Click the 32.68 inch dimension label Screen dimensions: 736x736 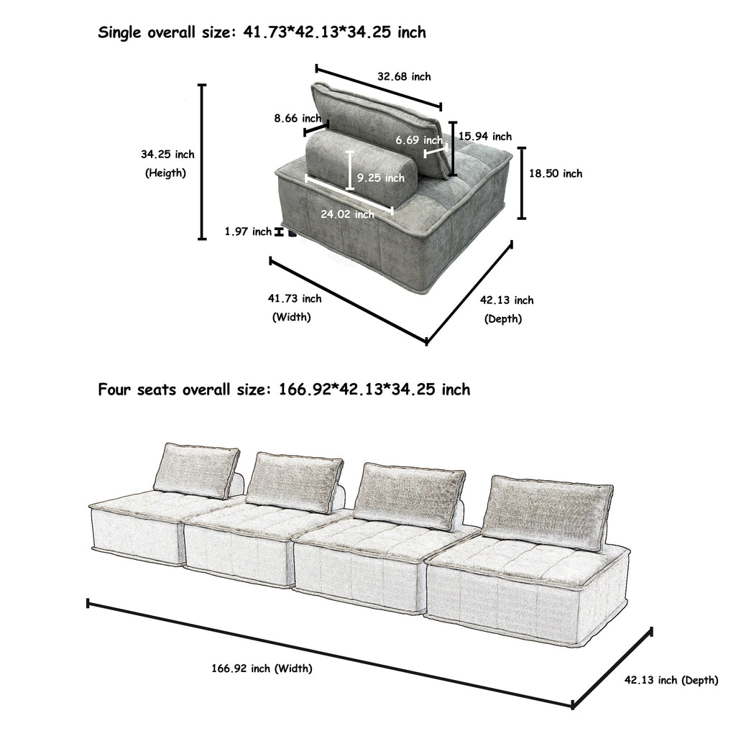pyautogui.click(x=404, y=77)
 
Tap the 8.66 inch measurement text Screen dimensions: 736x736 pyautogui.click(x=297, y=118)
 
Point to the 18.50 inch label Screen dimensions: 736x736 pyautogui.click(x=556, y=173)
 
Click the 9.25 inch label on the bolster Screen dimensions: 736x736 pyautogui.click(x=380, y=177)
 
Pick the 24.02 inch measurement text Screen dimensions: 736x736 pyautogui.click(x=346, y=214)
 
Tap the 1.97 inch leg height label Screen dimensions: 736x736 pyautogui.click(x=248, y=231)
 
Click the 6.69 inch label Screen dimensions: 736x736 pyautogui.click(x=419, y=140)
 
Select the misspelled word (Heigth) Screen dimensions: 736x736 pyautogui.click(x=167, y=172)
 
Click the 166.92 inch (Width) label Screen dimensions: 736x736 pyautogui.click(x=262, y=668)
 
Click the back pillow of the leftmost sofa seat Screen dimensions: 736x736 pyautogui.click(x=195, y=470)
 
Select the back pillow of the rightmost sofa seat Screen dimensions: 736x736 pyautogui.click(x=548, y=512)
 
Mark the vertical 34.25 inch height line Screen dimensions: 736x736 pyautogui.click(x=202, y=162)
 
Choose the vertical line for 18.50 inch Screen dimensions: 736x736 pyautogui.click(x=523, y=183)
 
